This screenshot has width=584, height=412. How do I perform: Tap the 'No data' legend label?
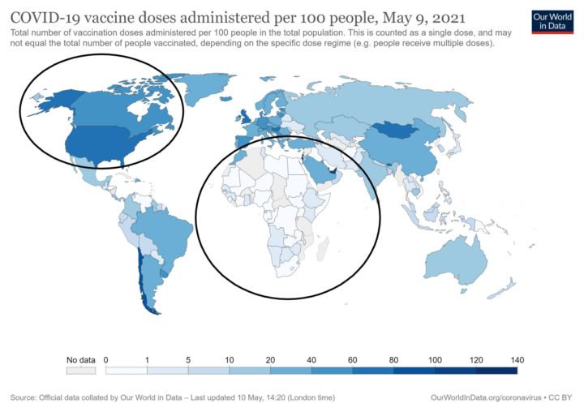80,359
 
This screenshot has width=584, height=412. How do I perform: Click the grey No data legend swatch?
80,371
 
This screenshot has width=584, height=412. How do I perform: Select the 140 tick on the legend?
517,359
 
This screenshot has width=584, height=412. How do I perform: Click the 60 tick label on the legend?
353,359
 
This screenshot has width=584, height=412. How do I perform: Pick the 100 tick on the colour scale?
435,359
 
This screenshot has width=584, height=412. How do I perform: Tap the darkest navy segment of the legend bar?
496,371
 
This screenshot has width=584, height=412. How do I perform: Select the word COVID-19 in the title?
44,16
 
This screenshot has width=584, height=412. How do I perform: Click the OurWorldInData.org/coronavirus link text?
487,398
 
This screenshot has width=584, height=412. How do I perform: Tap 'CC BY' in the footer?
561,398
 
